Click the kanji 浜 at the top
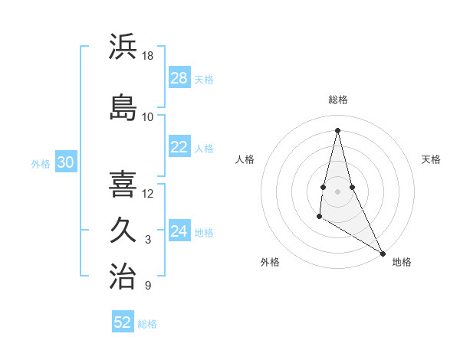[123, 47]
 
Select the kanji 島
[123, 108]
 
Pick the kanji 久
[123, 231]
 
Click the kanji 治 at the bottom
[123, 277]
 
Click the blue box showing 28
[179, 78]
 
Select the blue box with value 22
[179, 147]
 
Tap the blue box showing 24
[179, 231]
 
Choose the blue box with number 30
[65, 162]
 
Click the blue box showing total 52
[123, 322]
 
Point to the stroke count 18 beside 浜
[148, 56]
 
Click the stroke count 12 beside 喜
[148, 193]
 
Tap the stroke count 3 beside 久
[148, 240]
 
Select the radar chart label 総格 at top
[338, 100]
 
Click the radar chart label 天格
[431, 159]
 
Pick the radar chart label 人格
[245, 159]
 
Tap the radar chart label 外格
[270, 262]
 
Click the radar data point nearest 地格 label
[383, 253]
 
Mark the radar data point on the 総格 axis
[338, 130]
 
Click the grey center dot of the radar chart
[338, 191]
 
